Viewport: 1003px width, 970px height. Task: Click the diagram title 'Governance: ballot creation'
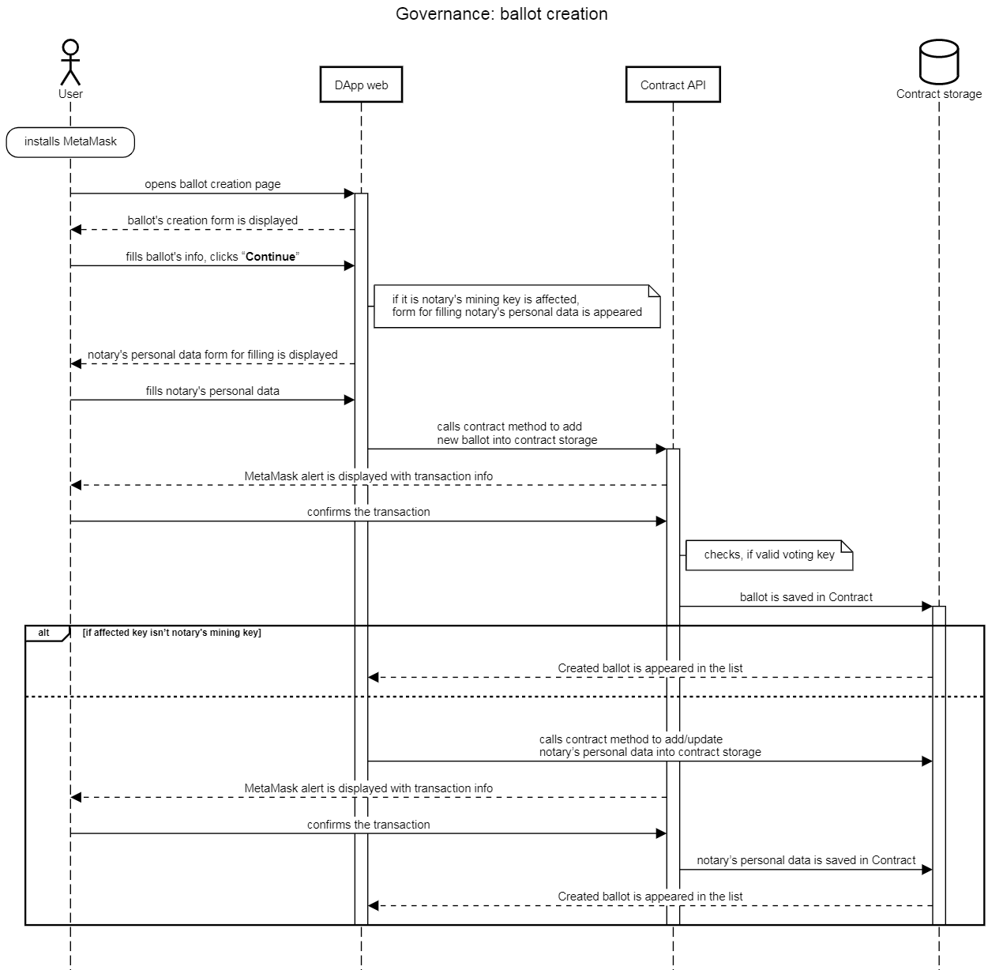(x=501, y=14)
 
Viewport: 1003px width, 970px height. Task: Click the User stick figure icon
(x=70, y=62)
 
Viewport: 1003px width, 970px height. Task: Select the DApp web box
(x=361, y=85)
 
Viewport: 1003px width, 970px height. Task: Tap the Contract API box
(x=673, y=85)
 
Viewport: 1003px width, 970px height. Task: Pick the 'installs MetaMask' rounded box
(x=70, y=142)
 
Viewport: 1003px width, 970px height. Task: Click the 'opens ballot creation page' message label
(x=212, y=184)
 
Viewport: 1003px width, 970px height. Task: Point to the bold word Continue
(x=271, y=257)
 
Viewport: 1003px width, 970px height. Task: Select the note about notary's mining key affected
(x=517, y=306)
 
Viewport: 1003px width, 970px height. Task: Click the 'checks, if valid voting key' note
(x=769, y=555)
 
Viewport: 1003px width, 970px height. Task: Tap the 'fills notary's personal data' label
(x=212, y=391)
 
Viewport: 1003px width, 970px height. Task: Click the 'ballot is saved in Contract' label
(x=806, y=597)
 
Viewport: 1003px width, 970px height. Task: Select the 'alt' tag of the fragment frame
(x=44, y=633)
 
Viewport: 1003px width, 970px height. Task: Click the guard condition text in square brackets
(x=171, y=633)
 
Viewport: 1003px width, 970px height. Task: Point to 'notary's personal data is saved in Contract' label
(x=806, y=860)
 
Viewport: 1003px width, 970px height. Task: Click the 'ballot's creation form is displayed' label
(x=212, y=220)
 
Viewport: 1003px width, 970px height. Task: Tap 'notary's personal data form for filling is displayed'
(x=212, y=355)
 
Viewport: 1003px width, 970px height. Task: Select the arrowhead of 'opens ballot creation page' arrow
(x=349, y=194)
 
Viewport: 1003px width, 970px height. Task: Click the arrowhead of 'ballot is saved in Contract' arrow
(x=927, y=607)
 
